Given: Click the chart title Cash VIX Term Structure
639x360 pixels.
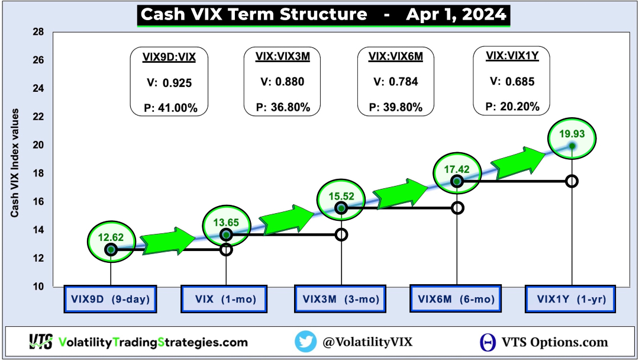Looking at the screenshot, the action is point(254,15).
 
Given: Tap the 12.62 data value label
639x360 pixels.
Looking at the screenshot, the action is point(111,237).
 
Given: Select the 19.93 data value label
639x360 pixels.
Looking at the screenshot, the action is point(572,134).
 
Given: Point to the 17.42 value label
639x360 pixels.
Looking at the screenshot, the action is point(457,169).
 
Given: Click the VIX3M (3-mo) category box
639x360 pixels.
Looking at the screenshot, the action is point(340,299).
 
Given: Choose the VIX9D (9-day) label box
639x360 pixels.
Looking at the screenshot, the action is point(110,299).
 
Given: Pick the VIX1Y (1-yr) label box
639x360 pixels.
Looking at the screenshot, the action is point(570,299).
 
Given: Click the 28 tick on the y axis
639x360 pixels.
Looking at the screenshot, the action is point(38,32).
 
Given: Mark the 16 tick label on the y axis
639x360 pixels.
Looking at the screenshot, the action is point(38,202).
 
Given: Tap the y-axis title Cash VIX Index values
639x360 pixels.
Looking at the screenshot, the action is point(15,163).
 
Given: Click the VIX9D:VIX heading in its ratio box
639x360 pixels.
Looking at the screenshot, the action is point(169,57).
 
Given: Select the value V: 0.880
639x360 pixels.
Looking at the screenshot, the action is point(282,82).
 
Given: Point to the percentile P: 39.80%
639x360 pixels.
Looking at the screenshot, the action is point(396,107).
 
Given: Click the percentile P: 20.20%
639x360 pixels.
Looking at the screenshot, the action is point(512,107).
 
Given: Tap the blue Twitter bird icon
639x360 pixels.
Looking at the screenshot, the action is point(306,341).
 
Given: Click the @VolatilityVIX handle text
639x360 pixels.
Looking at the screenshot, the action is point(367,342).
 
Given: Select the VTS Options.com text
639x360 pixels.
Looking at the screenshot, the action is point(554,342).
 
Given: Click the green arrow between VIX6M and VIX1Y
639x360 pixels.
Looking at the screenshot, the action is point(518,162).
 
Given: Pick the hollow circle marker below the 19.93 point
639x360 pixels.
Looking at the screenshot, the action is point(572,181).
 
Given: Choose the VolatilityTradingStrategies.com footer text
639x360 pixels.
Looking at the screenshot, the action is point(153,342).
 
